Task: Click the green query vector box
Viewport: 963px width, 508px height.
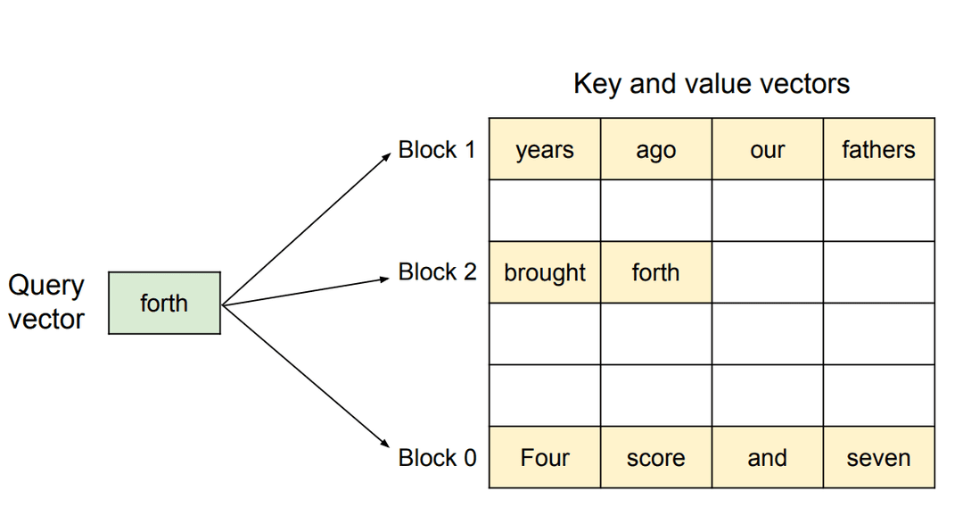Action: (x=164, y=303)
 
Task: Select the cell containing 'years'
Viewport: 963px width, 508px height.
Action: (x=545, y=149)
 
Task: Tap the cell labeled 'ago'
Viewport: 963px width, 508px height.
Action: (x=655, y=149)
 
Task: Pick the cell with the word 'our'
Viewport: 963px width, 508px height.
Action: (x=767, y=149)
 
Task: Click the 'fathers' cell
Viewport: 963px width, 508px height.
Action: (x=878, y=149)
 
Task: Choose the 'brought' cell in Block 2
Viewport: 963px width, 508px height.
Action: (x=545, y=272)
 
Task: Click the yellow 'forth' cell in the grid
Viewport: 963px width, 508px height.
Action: (x=655, y=272)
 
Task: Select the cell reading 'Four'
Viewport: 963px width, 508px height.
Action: (x=545, y=457)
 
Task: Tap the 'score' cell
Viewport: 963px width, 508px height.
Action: (x=655, y=457)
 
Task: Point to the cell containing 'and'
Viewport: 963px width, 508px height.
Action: (x=767, y=457)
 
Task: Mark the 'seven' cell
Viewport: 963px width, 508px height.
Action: (x=878, y=457)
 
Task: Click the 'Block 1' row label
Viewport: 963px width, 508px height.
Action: (x=437, y=149)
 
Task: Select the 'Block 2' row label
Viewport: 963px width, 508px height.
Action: (x=437, y=271)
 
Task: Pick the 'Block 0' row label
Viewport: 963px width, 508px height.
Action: (x=437, y=457)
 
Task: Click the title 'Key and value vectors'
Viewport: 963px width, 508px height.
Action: (x=711, y=84)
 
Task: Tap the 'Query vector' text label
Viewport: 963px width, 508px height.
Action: (x=46, y=303)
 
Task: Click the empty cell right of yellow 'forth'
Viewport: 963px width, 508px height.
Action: (x=767, y=272)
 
